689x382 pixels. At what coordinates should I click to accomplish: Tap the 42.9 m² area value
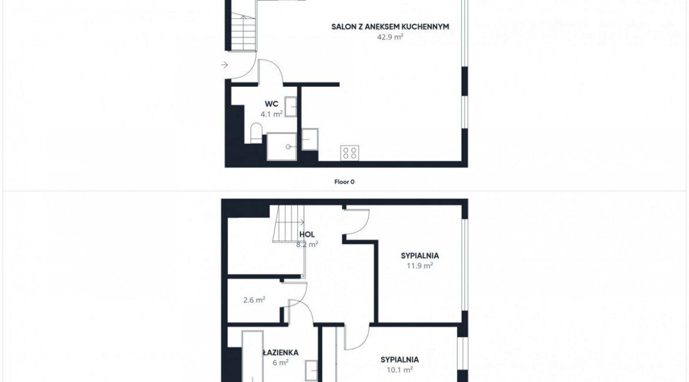(x=390, y=37)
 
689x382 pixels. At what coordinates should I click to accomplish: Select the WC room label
(x=271, y=104)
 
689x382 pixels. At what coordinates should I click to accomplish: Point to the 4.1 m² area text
(x=271, y=114)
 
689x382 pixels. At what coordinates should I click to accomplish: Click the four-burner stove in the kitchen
(x=350, y=153)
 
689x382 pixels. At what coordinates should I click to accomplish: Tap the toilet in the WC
(x=256, y=133)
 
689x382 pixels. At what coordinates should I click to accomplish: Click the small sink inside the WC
(x=290, y=107)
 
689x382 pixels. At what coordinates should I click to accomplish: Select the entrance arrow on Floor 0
(x=224, y=65)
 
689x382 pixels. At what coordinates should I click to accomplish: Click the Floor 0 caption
(x=344, y=182)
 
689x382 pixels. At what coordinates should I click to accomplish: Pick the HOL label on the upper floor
(x=307, y=235)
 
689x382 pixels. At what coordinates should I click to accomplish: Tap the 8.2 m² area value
(x=307, y=244)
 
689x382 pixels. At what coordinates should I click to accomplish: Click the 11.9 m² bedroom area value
(x=420, y=265)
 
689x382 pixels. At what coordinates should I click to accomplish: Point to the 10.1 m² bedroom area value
(x=399, y=370)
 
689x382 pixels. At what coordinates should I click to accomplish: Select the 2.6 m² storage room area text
(x=254, y=300)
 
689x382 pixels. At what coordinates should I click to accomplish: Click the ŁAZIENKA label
(x=280, y=353)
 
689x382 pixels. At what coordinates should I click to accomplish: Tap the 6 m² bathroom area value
(x=280, y=363)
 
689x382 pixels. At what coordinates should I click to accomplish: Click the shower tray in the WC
(x=281, y=146)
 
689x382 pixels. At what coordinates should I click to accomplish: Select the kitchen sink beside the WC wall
(x=310, y=139)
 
